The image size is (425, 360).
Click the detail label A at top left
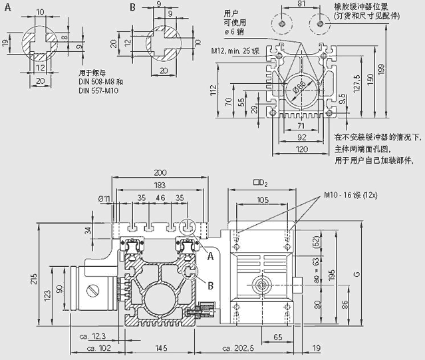tap(7, 7)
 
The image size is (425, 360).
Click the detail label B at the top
tap(132, 7)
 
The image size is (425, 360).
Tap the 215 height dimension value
tap(43, 281)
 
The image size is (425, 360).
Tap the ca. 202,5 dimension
tap(237, 347)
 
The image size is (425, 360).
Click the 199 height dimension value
tap(399, 69)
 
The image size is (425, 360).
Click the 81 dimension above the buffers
tap(301, 5)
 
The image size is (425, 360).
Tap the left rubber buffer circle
tap(283, 24)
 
